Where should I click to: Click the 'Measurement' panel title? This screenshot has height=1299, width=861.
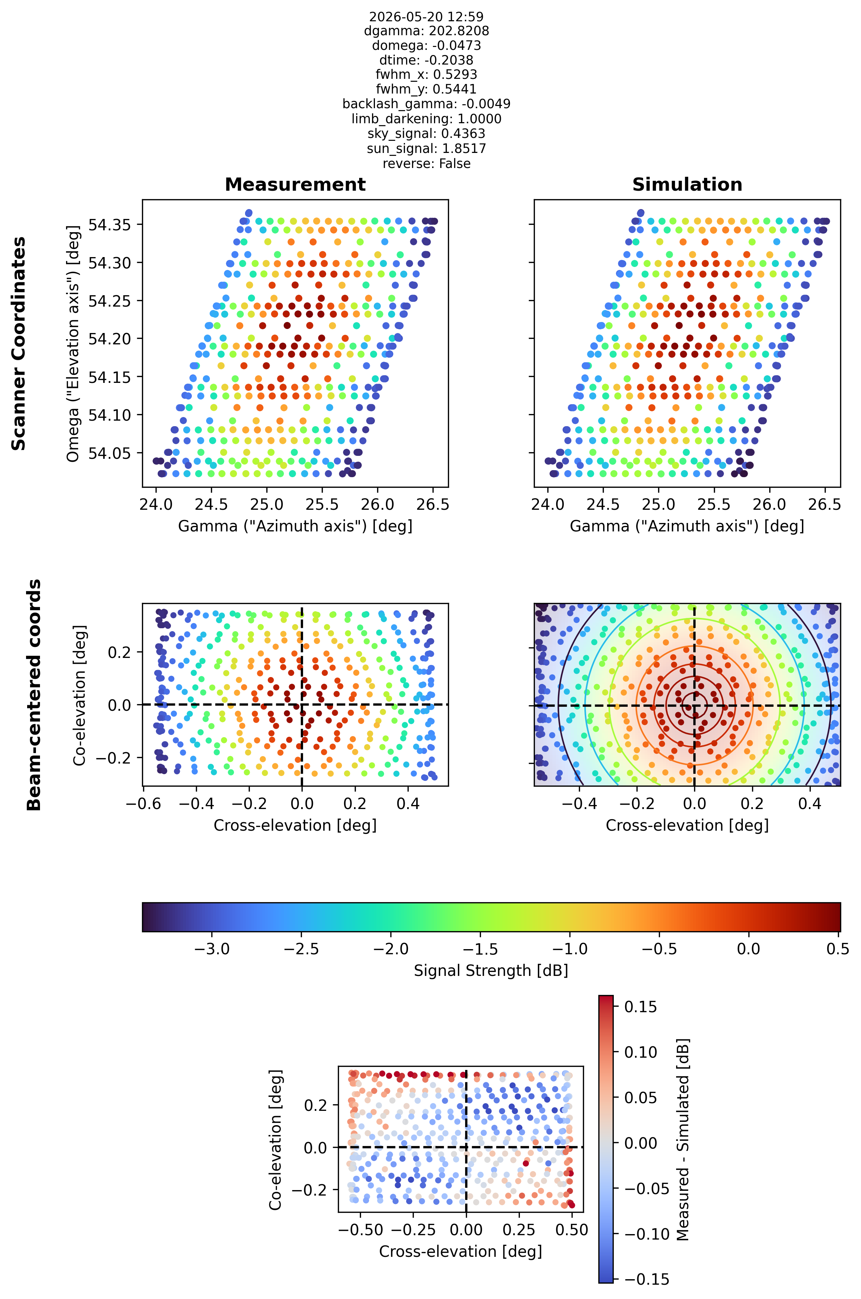coord(295,184)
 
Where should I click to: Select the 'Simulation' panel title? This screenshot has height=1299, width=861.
coord(687,184)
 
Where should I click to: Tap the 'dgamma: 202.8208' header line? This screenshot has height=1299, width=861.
coord(426,31)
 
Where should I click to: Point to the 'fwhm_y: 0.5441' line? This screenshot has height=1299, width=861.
coord(426,89)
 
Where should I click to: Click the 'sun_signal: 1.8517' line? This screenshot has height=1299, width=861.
coord(426,148)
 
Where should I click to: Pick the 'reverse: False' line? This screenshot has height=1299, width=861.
coord(426,164)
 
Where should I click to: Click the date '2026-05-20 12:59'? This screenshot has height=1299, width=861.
coord(426,17)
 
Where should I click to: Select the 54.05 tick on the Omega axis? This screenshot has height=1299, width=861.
coord(110,453)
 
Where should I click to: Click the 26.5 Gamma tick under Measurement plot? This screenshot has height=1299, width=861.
coord(433,504)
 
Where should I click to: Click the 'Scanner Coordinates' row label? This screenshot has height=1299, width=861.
coord(19,344)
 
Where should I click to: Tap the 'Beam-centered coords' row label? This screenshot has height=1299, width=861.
coord(34,694)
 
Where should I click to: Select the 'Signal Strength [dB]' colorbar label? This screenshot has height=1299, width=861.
coord(491,970)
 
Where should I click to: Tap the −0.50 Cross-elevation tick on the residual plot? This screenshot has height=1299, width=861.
coord(360,1229)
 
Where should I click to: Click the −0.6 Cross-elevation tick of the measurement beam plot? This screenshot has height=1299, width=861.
coord(144,804)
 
